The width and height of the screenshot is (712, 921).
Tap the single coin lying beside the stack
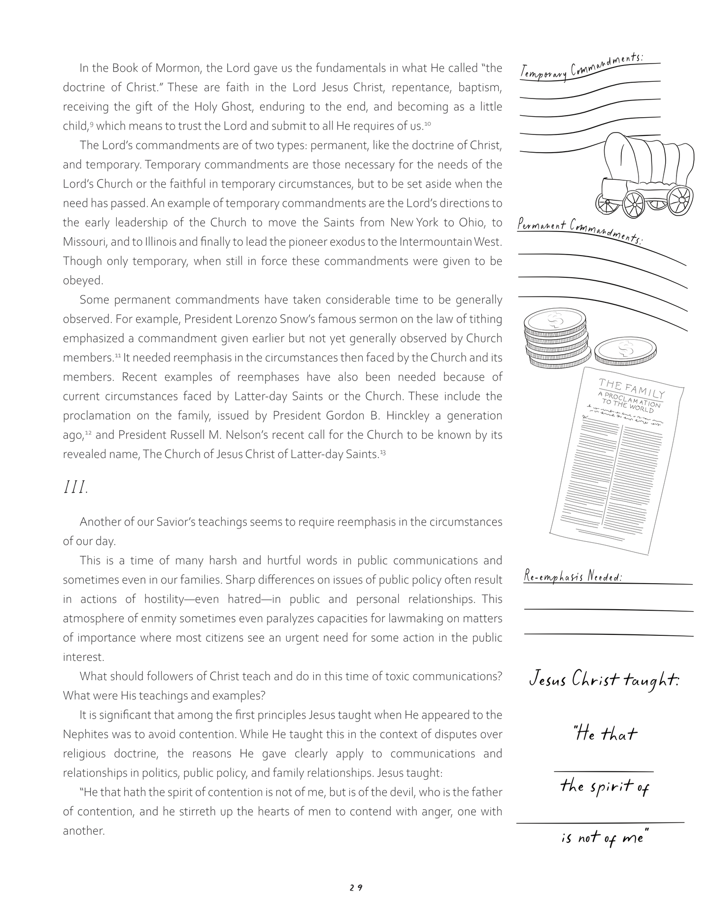pos(625,351)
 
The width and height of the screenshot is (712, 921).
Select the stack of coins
pos(556,340)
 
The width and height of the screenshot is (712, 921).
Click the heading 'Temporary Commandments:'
pos(581,67)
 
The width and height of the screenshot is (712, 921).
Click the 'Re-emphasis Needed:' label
pos(572,577)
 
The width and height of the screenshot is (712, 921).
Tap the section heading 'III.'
pos(75,488)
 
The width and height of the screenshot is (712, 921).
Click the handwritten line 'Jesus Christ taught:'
pos(604,680)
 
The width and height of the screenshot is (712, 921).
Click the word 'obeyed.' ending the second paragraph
pos(83,281)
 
